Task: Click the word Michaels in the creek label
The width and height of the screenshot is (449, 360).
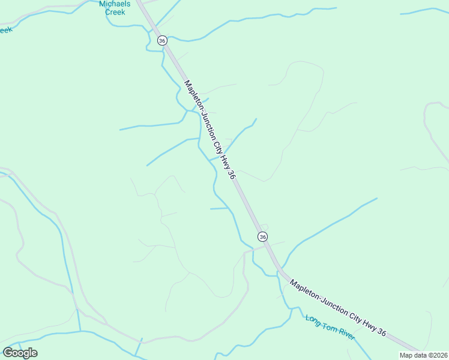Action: tap(114, 4)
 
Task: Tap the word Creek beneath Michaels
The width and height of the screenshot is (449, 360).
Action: tap(115, 11)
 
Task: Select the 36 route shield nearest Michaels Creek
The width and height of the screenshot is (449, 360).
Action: tap(162, 40)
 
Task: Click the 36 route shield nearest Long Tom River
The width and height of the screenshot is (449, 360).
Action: tap(263, 236)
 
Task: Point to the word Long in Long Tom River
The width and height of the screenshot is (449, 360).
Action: tap(312, 320)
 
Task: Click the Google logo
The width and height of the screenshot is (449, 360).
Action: tap(20, 352)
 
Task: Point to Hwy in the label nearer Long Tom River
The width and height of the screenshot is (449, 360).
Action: tap(369, 325)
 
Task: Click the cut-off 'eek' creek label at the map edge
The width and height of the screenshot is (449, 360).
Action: tap(5, 29)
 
